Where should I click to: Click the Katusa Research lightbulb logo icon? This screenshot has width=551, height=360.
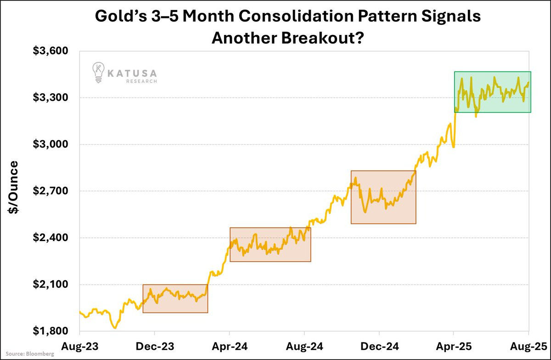point(98,73)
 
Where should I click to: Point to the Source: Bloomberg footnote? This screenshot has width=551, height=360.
point(28,354)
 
